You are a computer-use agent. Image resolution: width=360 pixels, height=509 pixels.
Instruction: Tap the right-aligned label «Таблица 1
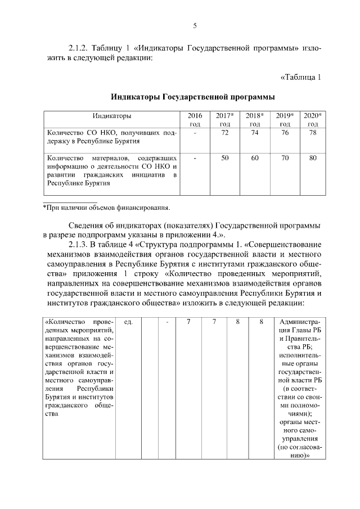tap(300, 77)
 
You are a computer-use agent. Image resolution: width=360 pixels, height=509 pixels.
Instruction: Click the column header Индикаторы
tap(112, 116)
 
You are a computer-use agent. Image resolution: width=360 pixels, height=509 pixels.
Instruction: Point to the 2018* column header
tap(255, 119)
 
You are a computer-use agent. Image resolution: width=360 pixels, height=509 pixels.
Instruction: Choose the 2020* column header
tap(313, 119)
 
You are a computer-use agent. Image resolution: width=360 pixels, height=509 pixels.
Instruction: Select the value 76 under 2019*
tap(285, 133)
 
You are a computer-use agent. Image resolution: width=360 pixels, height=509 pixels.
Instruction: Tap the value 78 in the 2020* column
tap(313, 133)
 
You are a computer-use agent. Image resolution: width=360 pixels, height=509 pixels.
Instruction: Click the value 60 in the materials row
tap(255, 158)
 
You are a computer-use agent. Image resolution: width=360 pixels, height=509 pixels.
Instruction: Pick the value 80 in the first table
tap(313, 158)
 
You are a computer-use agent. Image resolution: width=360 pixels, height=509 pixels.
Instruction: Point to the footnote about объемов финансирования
tap(107, 208)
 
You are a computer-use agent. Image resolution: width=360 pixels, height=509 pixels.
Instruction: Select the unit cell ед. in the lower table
tap(128, 322)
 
